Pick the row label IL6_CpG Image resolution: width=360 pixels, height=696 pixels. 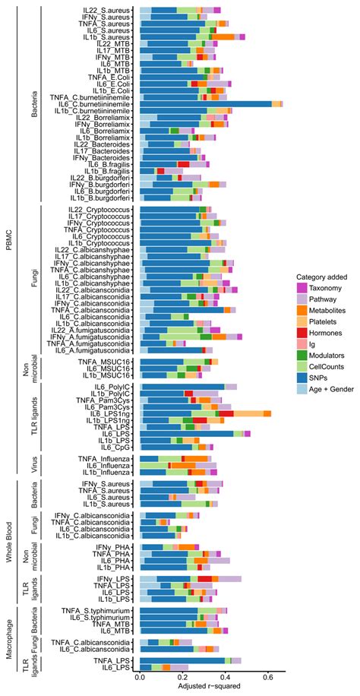(x=115, y=447)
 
